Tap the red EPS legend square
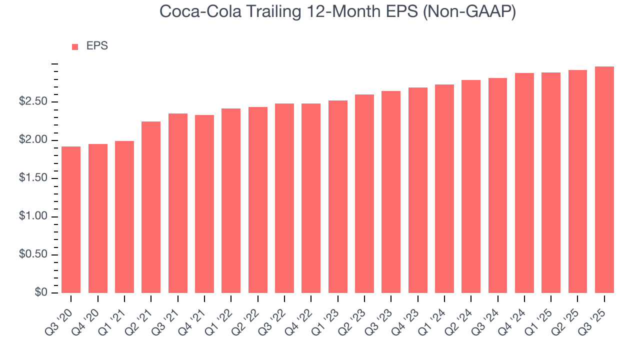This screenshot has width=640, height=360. click(75, 46)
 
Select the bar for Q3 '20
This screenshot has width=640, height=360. click(71, 220)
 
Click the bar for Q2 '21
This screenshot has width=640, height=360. click(151, 207)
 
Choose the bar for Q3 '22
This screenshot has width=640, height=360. click(284, 198)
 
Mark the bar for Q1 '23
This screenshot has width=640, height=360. click(338, 197)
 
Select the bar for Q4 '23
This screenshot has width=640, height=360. click(418, 190)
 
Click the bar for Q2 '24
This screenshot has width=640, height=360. click(471, 186)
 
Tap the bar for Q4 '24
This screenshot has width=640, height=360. click(524, 183)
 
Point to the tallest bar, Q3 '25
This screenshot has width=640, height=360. click(604, 180)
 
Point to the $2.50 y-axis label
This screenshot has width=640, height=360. click(33, 102)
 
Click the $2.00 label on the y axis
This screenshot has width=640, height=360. click(33, 140)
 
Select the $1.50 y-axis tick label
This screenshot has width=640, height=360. click(33, 178)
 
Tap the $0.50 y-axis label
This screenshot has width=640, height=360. click(33, 255)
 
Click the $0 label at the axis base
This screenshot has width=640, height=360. click(41, 293)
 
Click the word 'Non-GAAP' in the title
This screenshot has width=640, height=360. click(469, 11)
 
